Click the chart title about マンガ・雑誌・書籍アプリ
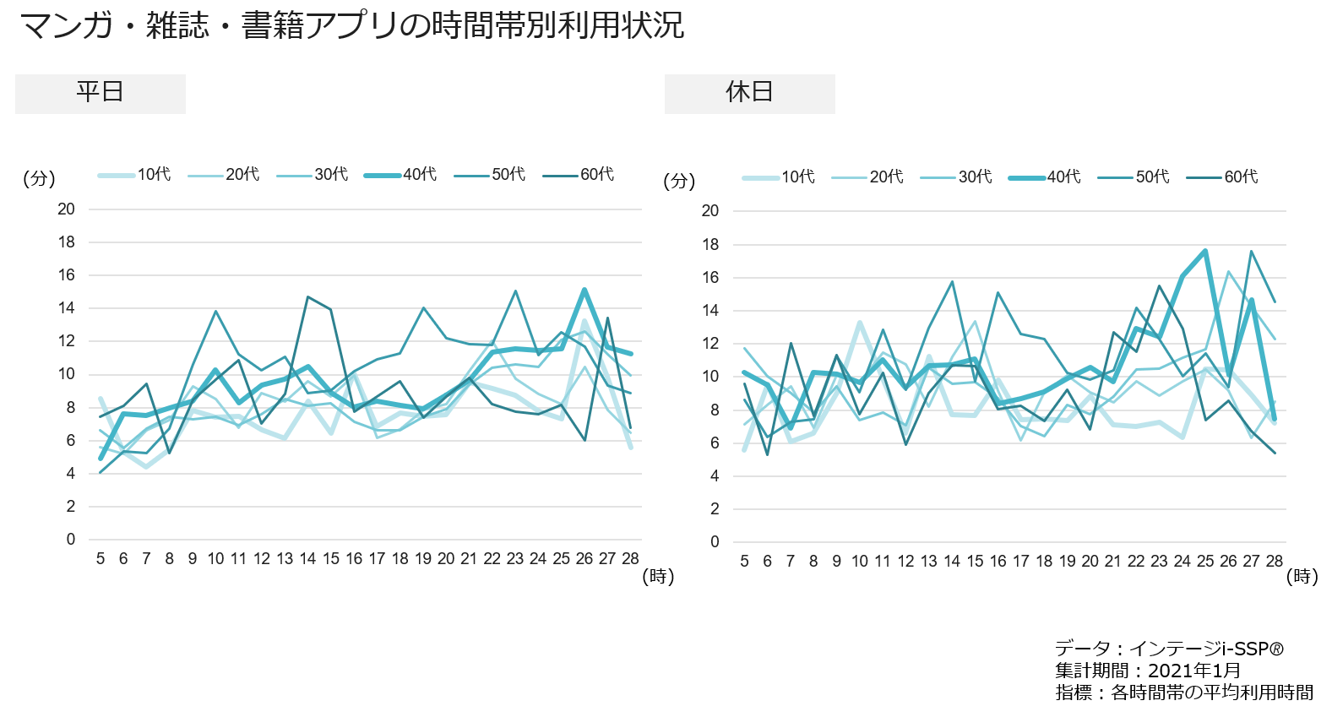[351, 25]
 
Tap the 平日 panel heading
[101, 92]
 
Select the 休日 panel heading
[749, 92]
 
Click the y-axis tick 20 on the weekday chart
[66, 209]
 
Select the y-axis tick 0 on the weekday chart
[71, 540]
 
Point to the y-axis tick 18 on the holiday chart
[710, 245]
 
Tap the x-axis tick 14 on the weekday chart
[307, 559]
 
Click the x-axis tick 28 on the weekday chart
[630, 559]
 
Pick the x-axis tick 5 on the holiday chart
[744, 562]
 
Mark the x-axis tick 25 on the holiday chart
[1205, 562]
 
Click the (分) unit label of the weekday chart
[39, 179]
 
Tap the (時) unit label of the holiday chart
[1302, 577]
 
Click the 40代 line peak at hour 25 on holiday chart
[1205, 251]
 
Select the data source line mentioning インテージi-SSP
[1169, 649]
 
